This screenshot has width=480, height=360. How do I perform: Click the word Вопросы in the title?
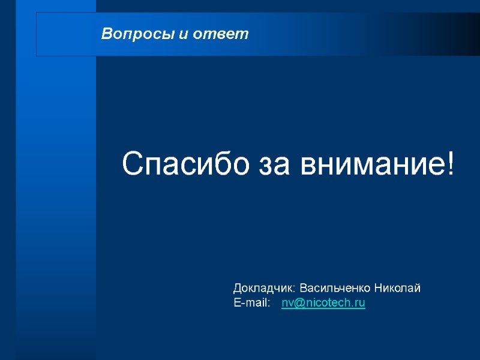point(138,34)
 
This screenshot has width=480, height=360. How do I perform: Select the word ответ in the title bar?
point(221,34)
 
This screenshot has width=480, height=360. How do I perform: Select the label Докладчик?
point(264,288)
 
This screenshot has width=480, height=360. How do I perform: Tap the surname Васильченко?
point(336,288)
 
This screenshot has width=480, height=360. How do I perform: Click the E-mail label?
point(252,303)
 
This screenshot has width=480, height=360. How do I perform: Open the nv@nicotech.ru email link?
point(323,303)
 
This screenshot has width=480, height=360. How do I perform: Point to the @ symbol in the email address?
point(298,304)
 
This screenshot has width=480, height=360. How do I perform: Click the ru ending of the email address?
point(360,304)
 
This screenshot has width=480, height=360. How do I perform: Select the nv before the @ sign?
point(287,304)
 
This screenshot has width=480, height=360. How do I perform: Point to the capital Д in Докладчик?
point(238,288)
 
